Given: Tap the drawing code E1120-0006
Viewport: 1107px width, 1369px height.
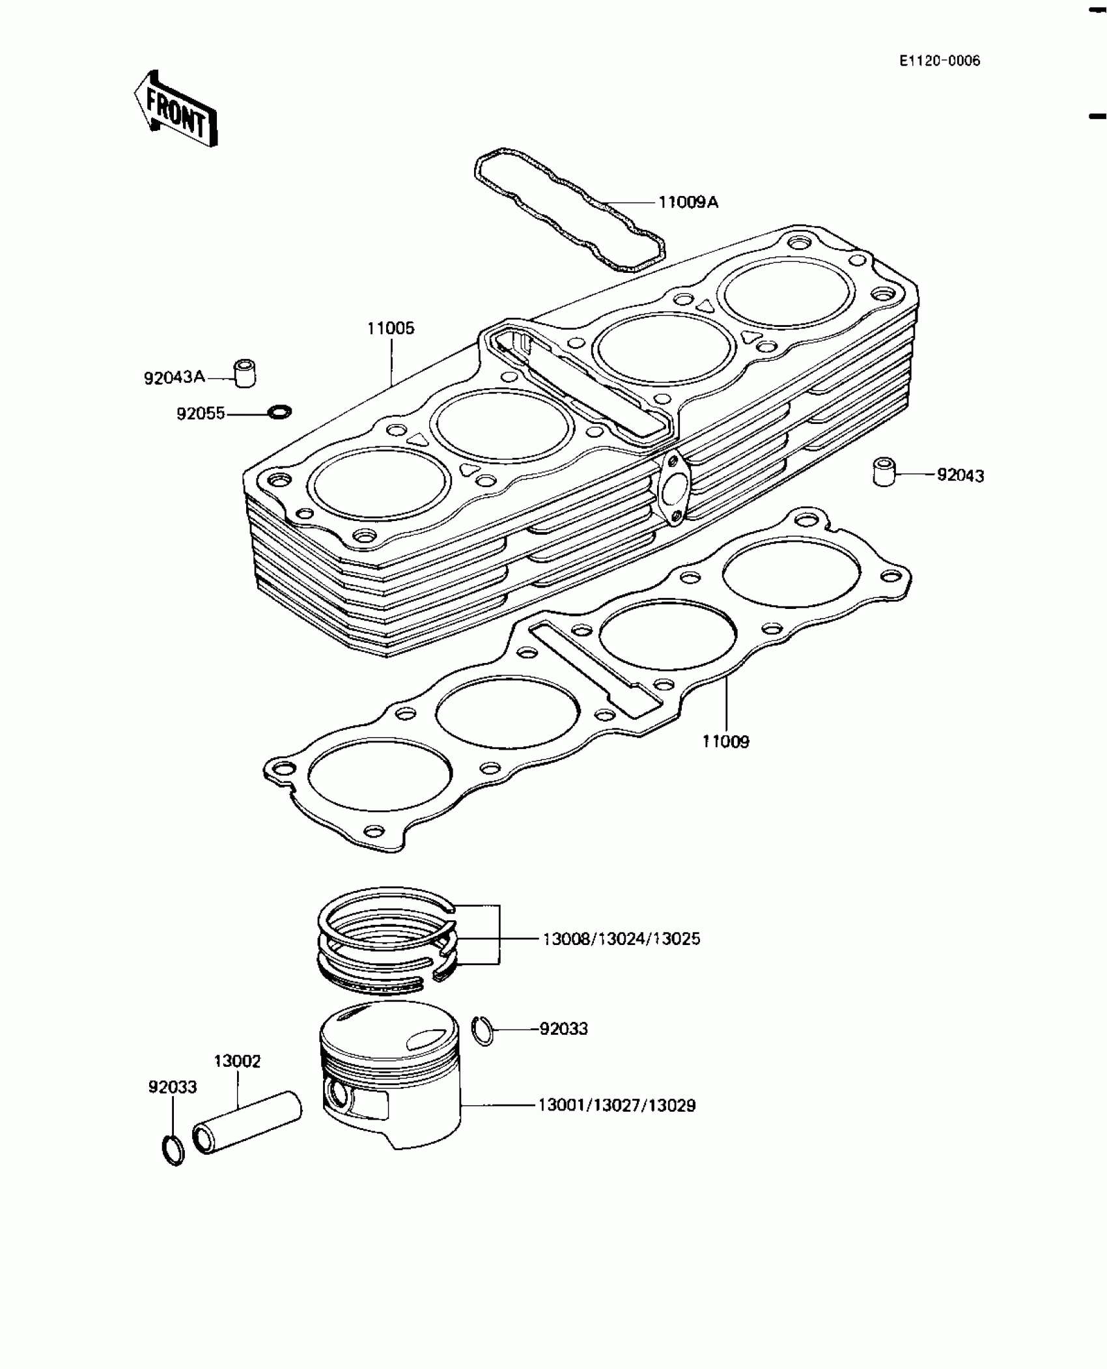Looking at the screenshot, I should pos(939,61).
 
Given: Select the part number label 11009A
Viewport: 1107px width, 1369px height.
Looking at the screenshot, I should pos(688,203).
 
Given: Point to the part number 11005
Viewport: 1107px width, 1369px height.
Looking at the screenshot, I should pos(391,328).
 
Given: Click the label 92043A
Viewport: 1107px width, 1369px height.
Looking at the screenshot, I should pos(175,377).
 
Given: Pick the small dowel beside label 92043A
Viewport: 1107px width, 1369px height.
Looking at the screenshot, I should pos(245,373).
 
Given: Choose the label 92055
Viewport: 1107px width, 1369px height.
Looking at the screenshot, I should pos(201,414).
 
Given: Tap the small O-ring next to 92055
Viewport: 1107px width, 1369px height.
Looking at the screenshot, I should pos(280,412).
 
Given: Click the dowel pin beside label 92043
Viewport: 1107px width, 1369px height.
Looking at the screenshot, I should pos(883,472).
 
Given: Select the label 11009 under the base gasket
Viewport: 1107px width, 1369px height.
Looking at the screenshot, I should pos(725,742).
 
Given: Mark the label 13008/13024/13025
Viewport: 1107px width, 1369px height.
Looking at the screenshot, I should pos(621,939).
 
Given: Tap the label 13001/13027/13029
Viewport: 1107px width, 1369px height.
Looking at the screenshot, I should pos(617,1106).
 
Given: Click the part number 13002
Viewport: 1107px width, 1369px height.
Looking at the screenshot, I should pos(237,1061).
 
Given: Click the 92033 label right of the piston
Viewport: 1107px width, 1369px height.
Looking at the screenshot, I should pos(563,1029).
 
